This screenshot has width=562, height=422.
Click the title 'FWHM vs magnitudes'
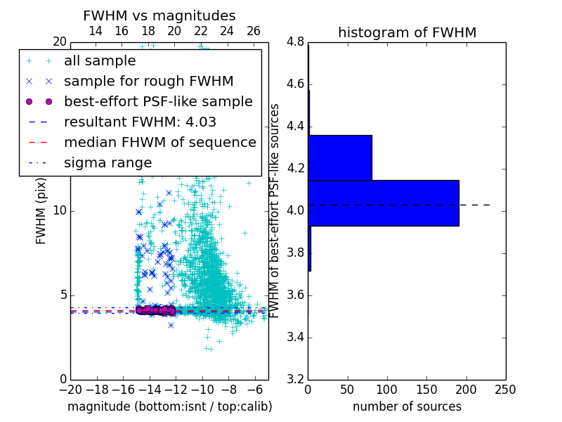159,15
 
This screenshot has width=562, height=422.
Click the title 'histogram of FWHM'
407,32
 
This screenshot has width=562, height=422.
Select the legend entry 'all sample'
100,61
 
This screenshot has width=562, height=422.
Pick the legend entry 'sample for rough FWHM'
148,81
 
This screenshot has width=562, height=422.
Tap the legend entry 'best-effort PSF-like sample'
158,101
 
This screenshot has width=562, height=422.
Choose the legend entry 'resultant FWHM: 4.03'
140,122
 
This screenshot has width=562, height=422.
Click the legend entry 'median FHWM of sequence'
159,142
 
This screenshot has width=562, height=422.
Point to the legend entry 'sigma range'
107,162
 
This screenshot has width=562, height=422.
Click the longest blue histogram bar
383,203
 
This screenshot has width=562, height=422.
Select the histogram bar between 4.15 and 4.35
340,158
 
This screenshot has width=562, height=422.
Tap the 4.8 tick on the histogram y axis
296,42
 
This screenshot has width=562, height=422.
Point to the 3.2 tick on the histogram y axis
296,379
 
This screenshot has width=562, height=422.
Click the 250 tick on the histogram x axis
506,390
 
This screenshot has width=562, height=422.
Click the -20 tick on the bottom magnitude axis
70,390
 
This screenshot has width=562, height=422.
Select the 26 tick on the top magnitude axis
254,31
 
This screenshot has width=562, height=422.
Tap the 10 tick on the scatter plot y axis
59,211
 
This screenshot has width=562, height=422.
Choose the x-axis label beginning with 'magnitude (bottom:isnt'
169,407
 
